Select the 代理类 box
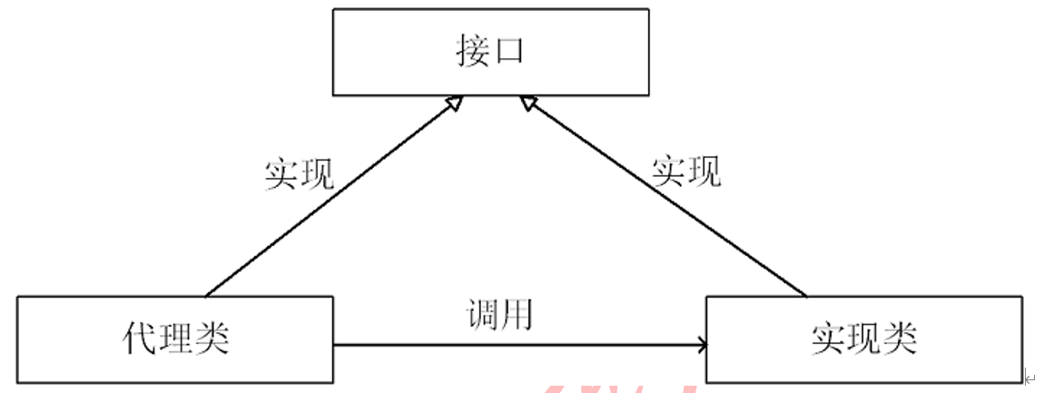pos(175,339)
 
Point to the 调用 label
pos(498,314)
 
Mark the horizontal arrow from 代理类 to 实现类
pos(517,345)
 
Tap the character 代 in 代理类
pos(139,339)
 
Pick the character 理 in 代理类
pos(176,339)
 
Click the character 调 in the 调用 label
pos(481,314)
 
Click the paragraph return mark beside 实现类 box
pos(1030,377)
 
